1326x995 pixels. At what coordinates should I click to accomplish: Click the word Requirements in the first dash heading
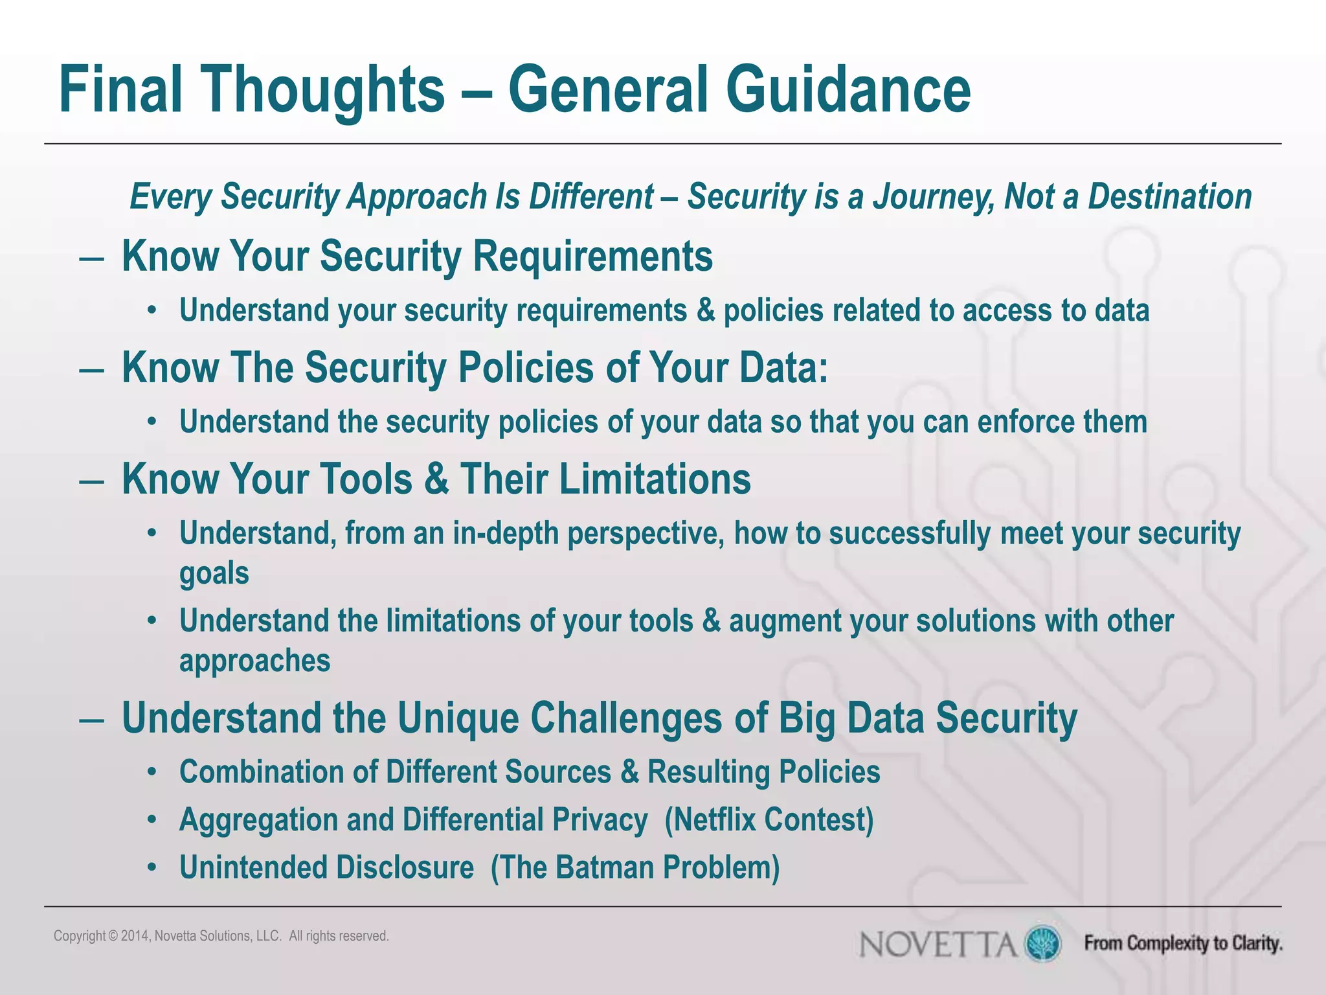(592, 257)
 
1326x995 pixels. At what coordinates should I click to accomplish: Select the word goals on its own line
(214, 574)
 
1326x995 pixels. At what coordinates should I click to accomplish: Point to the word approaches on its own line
(254, 661)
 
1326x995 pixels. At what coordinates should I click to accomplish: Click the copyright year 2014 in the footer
(135, 936)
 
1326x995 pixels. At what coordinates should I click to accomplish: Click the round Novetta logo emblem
(1042, 943)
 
